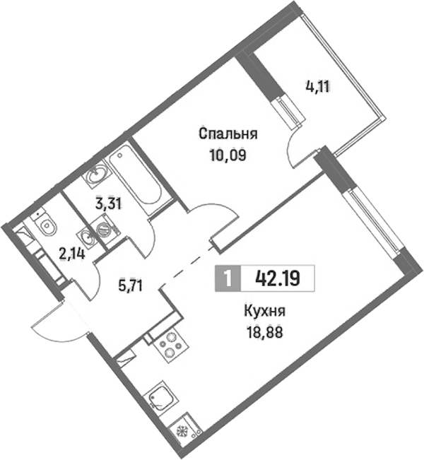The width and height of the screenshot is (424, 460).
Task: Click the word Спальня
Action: click(228, 134)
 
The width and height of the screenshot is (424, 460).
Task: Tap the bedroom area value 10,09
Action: click(228, 155)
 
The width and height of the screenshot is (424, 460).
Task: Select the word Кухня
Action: click(265, 311)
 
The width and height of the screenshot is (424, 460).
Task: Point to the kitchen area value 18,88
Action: click(265, 332)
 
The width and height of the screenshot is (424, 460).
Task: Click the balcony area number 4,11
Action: click(318, 87)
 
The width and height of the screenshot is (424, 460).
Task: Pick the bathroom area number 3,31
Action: click(109, 204)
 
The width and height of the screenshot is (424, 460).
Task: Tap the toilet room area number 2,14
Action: click(72, 254)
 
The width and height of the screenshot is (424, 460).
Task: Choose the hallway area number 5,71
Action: click(130, 285)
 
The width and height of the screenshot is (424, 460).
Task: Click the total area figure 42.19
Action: click(278, 278)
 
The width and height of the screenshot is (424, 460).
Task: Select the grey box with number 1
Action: click(228, 278)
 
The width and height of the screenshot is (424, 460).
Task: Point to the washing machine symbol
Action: click(105, 229)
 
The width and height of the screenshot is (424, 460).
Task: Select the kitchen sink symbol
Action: click(163, 399)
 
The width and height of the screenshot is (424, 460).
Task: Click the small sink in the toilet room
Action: click(86, 235)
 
